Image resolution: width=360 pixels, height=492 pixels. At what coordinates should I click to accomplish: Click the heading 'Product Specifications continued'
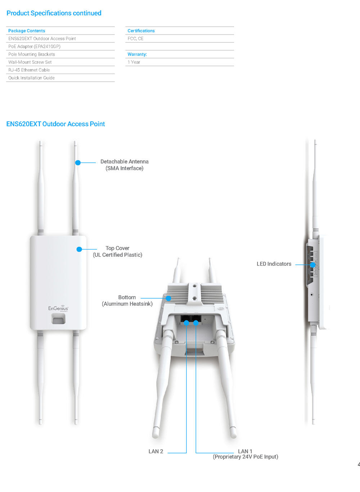[54, 13]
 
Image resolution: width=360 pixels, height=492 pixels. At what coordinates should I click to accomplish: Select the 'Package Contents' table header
[27, 31]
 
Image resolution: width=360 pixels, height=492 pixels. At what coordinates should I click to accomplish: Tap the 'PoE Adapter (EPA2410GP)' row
[34, 46]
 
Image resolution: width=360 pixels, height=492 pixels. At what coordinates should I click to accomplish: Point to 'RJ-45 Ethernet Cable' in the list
[29, 70]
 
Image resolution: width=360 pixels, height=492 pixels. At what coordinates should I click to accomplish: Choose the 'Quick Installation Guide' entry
[31, 78]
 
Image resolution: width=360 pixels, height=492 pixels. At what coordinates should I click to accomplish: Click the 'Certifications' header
[141, 31]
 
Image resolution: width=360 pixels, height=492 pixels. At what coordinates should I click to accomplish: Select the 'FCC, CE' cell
[135, 38]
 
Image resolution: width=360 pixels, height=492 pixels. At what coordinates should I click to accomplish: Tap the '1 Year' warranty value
[134, 62]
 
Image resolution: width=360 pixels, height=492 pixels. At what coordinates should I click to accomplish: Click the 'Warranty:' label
[137, 54]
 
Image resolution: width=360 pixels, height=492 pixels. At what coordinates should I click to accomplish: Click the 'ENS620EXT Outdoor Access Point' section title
[56, 124]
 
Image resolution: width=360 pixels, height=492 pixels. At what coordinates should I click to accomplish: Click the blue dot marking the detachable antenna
[78, 163]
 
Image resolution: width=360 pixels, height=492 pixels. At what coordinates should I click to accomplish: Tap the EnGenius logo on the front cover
[58, 308]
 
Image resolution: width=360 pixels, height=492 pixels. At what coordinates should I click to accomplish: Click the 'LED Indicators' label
[274, 264]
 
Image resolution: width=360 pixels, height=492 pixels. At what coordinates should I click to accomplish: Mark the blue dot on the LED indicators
[312, 265]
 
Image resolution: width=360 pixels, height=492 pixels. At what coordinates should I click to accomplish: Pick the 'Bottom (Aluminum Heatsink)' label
[127, 300]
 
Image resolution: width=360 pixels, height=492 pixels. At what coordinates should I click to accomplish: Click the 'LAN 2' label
[156, 451]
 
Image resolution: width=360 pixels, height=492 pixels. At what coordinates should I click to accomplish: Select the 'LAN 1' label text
[245, 451]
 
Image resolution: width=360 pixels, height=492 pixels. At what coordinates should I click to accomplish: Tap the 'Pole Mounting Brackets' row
[32, 54]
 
